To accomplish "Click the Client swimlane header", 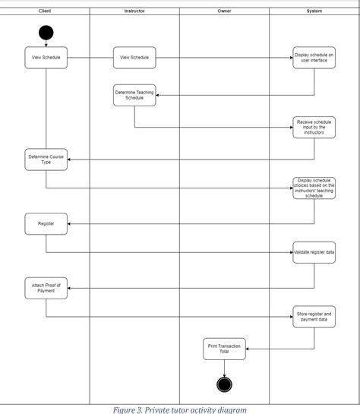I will pos(45,11).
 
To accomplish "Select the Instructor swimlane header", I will pos(134,11).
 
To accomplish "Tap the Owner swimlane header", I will pos(224,11).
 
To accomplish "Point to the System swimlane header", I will pos(314,11).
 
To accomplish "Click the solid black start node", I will pos(46,33).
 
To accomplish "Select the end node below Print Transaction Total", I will pos(224,384).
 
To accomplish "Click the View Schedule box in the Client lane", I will pos(46,58).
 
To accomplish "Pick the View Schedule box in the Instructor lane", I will pos(134,58).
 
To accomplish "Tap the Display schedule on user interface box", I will pos(314,58).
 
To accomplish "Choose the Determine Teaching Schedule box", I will pos(134,95).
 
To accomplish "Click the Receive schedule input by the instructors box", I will pos(314,127).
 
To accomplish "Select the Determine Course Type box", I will pos(46,160).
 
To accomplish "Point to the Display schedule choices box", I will pos(314,188).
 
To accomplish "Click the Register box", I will pos(46,223).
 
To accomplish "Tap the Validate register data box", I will pos(314,252).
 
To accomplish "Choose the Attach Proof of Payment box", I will pos(46,287).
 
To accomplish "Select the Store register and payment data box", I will pos(314,316).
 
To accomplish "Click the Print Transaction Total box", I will pos(224,349).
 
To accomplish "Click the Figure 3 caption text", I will pos(180,409).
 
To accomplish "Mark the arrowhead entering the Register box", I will pos(69,223).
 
